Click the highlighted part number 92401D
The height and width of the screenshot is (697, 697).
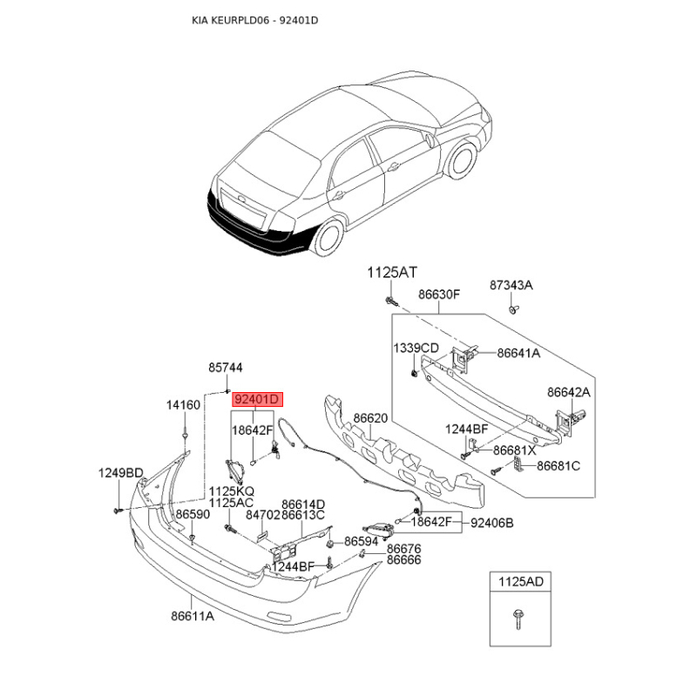(257, 399)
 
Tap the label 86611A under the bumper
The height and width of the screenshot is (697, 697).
(193, 616)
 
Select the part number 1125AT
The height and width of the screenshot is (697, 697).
(392, 272)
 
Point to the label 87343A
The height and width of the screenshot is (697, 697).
(511, 285)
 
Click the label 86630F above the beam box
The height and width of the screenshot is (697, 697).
(439, 294)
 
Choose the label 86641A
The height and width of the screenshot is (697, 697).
(518, 353)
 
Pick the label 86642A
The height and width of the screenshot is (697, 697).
(569, 392)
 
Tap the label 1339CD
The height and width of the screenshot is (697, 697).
(416, 348)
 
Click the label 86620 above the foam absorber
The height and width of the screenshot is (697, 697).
(370, 418)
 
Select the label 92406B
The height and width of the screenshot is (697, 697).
(491, 523)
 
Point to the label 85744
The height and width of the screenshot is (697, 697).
(226, 368)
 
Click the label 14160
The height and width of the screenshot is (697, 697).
(183, 405)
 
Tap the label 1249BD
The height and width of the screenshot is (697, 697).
(121, 473)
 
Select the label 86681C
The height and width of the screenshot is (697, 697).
(558, 466)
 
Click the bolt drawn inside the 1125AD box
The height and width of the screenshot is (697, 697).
(518, 619)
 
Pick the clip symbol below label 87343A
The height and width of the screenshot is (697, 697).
(513, 309)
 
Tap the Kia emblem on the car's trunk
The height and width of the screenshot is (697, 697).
(241, 198)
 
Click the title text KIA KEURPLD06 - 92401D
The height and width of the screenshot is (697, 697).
(254, 20)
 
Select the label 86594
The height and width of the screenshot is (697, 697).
(362, 541)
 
